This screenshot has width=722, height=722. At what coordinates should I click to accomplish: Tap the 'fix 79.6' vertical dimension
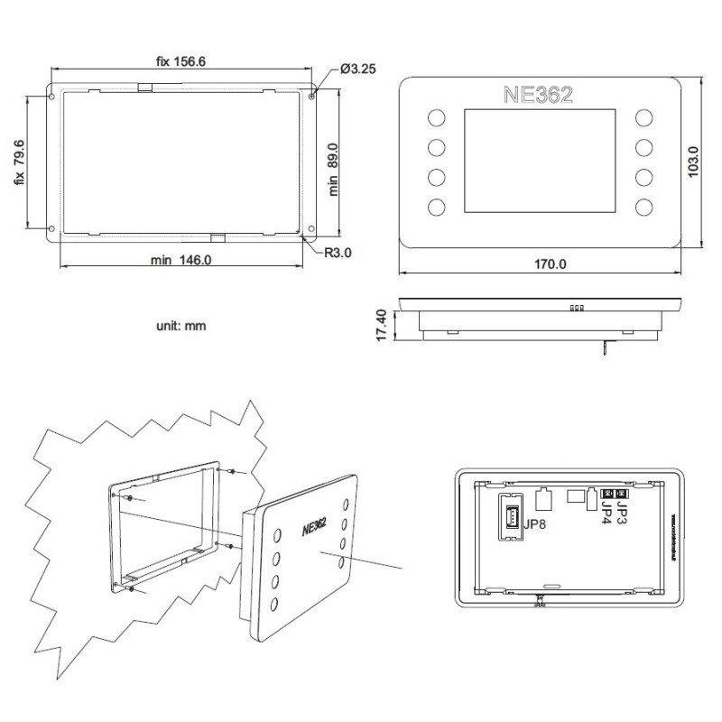(x=18, y=163)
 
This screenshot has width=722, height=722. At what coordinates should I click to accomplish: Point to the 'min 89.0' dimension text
(x=333, y=169)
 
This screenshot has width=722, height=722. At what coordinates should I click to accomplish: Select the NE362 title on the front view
(x=537, y=95)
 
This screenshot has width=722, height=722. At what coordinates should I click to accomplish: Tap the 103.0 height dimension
(x=693, y=162)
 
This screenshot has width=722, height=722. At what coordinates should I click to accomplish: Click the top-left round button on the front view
(x=436, y=119)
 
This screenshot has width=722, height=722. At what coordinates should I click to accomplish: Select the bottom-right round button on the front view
(x=644, y=207)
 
